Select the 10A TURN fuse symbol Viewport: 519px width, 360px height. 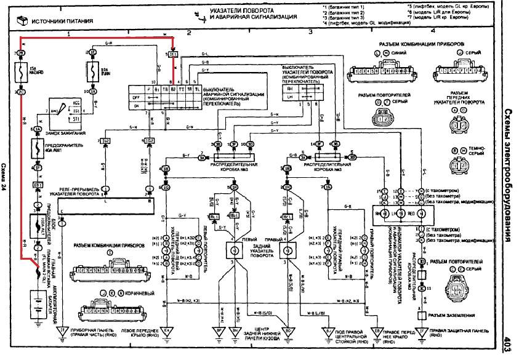point(94,72)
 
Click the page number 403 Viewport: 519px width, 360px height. point(508,343)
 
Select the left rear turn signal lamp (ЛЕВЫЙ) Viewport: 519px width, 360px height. point(234,250)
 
